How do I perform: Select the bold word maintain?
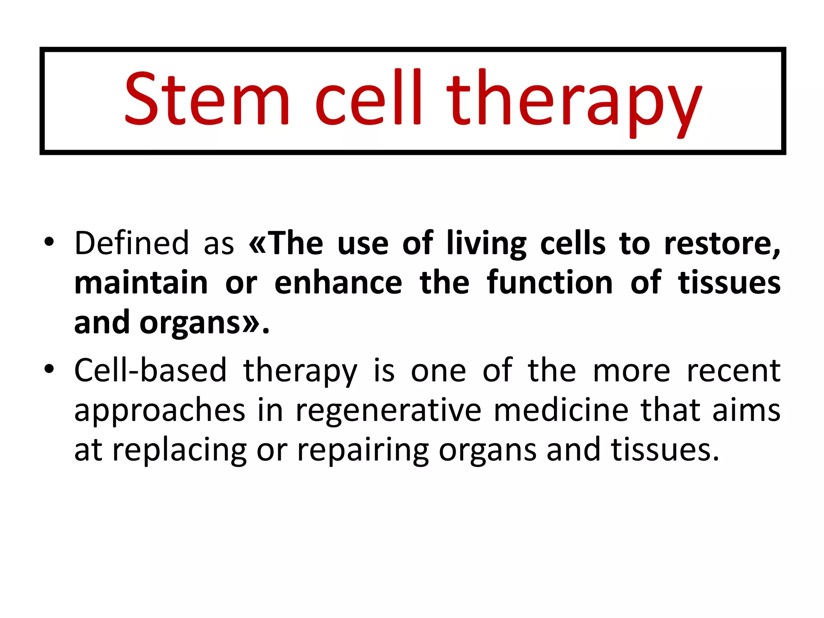(141, 283)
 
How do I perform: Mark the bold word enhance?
(338, 283)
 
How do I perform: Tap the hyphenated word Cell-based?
(150, 370)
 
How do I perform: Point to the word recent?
(733, 370)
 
